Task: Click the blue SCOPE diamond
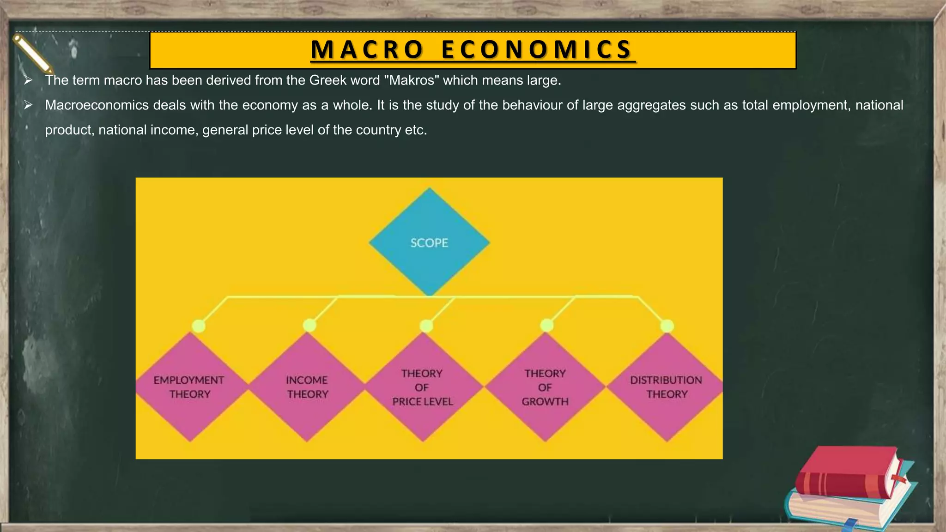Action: coord(429,242)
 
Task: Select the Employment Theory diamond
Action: coord(190,387)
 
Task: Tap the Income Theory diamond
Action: coord(307,387)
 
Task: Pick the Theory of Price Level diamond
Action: coord(423,387)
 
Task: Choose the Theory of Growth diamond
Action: coord(545,387)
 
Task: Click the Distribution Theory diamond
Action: coord(667,387)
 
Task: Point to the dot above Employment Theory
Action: coord(199,326)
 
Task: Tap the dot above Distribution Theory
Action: coord(667,326)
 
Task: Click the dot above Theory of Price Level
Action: coord(426,326)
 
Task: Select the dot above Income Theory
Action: coord(309,326)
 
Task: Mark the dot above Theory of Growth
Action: coord(547,326)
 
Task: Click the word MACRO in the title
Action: coord(367,50)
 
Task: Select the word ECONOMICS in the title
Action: coord(537,50)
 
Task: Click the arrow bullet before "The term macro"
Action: coord(28,80)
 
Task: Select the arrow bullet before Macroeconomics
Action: coord(28,105)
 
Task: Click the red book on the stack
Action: coord(848,473)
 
